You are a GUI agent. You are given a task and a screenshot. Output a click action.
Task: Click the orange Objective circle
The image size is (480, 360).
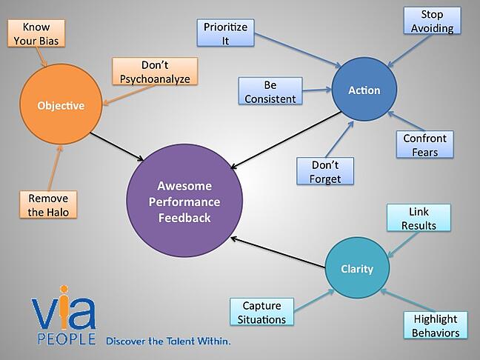click(x=61, y=106)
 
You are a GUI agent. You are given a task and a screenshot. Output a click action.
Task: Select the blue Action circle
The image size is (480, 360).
click(x=364, y=90)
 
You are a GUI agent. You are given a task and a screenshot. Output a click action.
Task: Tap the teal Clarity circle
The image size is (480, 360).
click(x=356, y=269)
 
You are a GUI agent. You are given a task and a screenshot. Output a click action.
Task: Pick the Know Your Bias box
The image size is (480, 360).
click(x=36, y=33)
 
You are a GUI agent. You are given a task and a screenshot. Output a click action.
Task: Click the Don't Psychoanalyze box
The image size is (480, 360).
click(x=155, y=73)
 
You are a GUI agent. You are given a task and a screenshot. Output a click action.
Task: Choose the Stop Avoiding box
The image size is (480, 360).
click(x=432, y=21)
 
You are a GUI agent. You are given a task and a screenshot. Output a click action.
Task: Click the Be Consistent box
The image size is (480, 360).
click(x=270, y=92)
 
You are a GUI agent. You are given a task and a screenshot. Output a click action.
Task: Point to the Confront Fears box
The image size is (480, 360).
click(x=425, y=145)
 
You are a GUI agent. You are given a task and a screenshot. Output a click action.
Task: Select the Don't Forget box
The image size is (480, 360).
click(x=324, y=170)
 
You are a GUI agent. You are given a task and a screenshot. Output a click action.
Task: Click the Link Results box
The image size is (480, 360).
click(x=419, y=219)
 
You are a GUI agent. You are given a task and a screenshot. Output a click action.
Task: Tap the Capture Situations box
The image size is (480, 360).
click(x=262, y=313)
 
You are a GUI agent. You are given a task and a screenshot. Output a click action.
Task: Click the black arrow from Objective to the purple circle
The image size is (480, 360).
click(x=117, y=145)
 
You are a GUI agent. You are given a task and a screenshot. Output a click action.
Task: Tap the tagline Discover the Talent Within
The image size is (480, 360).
click(x=167, y=341)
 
